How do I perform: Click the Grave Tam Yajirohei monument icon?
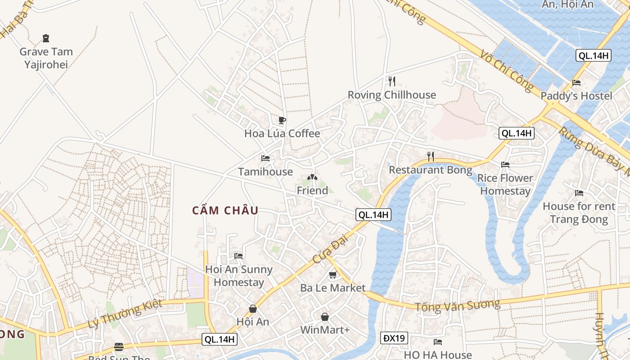pyautogui.click(x=45, y=38)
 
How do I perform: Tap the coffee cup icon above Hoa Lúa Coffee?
pyautogui.click(x=282, y=120)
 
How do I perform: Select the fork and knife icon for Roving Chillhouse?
pyautogui.click(x=392, y=81)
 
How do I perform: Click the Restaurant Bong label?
pyautogui.click(x=430, y=170)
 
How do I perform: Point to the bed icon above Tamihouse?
pyautogui.click(x=265, y=158)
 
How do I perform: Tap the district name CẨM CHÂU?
pyautogui.click(x=225, y=211)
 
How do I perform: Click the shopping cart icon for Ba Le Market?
pyautogui.click(x=333, y=274)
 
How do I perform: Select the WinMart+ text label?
pyautogui.click(x=325, y=330)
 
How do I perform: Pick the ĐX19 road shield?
pyautogui.click(x=394, y=338)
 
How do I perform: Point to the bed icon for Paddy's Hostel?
pyautogui.click(x=576, y=83)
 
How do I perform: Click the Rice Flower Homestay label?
pyautogui.click(x=505, y=184)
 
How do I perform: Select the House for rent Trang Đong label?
pyautogui.click(x=579, y=213)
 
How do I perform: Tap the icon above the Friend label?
pyautogui.click(x=312, y=178)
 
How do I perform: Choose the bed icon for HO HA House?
pyautogui.click(x=437, y=342)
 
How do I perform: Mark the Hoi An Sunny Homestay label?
pyautogui.click(x=239, y=276)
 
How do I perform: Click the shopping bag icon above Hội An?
pyautogui.click(x=253, y=309)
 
